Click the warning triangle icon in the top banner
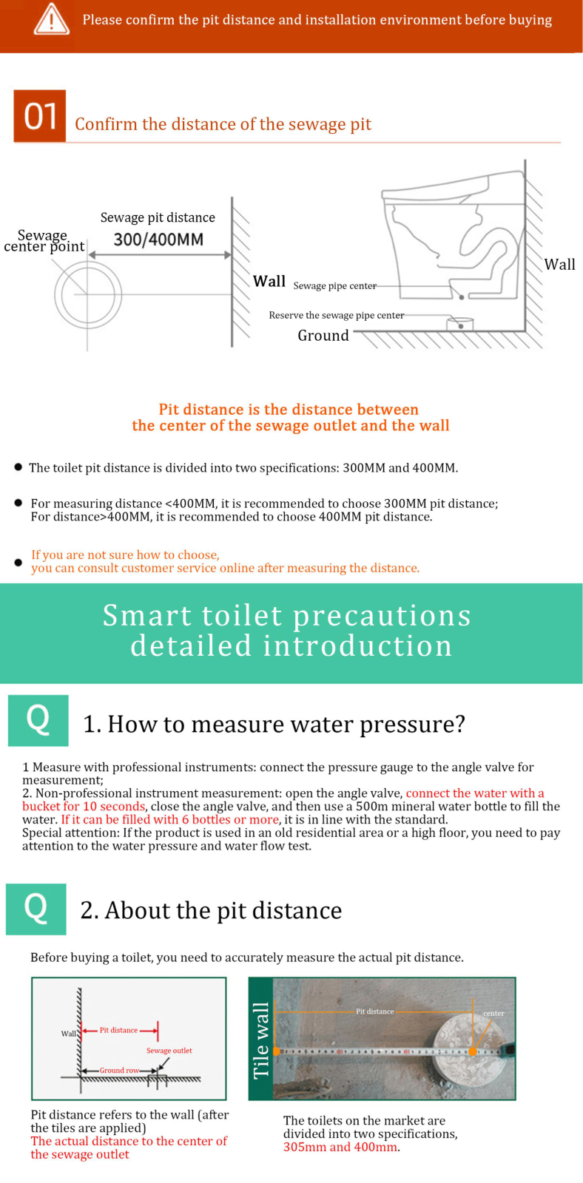tap(51, 19)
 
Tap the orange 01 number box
tap(40, 115)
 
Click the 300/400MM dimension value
tap(158, 240)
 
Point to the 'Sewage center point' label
tap(44, 241)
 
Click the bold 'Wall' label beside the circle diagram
tap(269, 281)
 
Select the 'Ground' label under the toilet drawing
tap(323, 336)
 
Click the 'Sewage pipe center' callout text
tap(335, 285)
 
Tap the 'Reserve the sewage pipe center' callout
tap(337, 315)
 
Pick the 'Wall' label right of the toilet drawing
tap(560, 264)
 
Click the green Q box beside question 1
tap(38, 720)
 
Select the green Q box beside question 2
tap(36, 909)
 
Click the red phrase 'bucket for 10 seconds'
tap(84, 807)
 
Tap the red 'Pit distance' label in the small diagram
tap(118, 1030)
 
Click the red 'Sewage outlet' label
tap(169, 1051)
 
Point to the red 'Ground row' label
tap(119, 1070)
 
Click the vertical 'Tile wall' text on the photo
tap(261, 1040)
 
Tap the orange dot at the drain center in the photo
tap(473, 1051)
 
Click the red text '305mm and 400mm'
tap(340, 1147)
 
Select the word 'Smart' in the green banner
tap(147, 616)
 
